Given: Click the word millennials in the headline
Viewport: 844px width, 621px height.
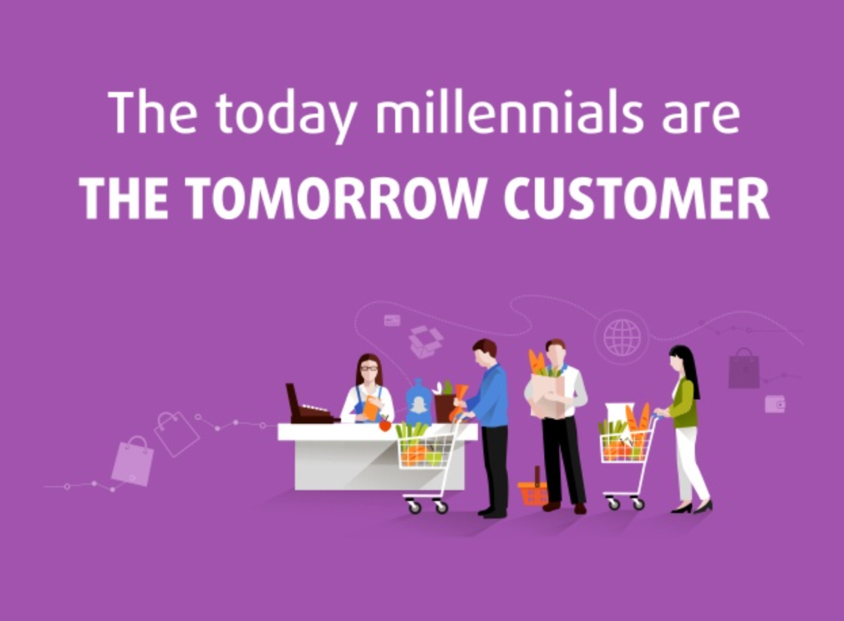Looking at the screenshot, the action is coord(509,114).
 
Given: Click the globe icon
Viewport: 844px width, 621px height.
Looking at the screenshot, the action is coord(623,338).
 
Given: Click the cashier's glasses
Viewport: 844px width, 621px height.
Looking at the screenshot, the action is coord(369,368).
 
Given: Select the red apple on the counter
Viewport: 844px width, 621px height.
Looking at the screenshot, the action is coord(385,425).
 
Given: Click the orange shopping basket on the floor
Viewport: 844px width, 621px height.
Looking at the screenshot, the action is coord(533,489).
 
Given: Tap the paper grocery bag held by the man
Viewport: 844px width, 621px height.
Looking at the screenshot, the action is coord(548,395).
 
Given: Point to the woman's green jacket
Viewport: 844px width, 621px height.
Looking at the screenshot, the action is coord(684,403).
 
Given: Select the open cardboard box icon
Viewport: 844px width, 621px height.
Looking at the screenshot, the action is coord(426,341).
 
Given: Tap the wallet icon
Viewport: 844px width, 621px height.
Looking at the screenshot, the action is coord(775,404).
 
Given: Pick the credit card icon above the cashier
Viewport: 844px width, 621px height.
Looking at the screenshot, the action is coord(392,321).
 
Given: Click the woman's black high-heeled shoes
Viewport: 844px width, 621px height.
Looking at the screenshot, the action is coord(692,507).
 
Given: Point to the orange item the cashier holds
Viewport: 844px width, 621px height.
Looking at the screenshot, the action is coord(371,408).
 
